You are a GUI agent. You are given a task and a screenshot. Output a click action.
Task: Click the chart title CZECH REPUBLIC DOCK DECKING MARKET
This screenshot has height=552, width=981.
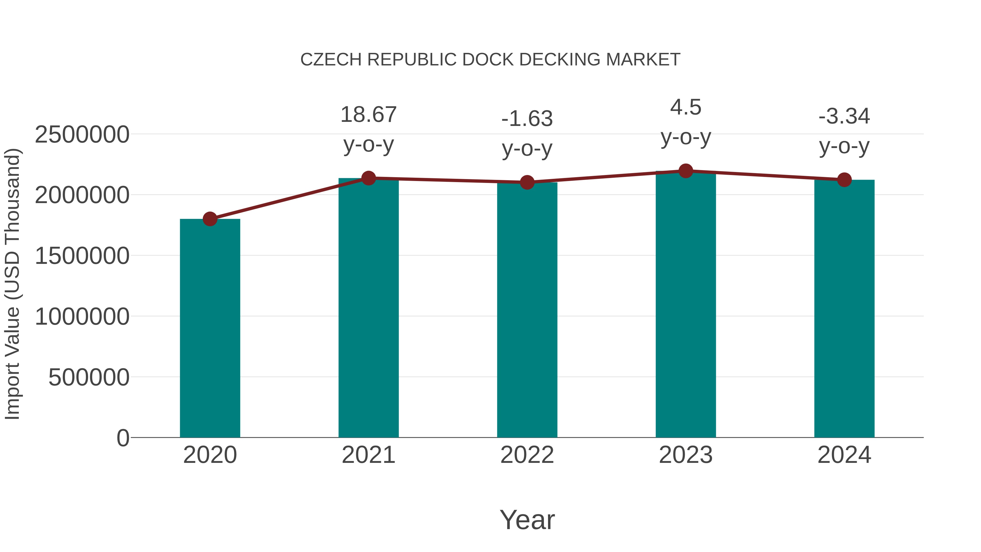click(490, 60)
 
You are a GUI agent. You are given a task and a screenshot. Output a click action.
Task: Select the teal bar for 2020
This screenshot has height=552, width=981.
click(210, 328)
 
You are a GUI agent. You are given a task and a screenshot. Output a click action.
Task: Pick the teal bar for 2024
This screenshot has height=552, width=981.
click(844, 308)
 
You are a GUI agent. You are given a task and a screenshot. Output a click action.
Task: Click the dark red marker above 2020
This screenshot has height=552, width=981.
click(210, 219)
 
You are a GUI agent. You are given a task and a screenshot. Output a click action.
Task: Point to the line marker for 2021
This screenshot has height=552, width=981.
click(368, 178)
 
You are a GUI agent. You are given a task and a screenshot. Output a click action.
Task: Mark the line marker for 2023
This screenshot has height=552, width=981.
click(686, 171)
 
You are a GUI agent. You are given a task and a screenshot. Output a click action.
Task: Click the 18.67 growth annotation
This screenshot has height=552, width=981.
click(368, 115)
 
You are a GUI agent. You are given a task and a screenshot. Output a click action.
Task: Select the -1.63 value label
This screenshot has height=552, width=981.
click(527, 119)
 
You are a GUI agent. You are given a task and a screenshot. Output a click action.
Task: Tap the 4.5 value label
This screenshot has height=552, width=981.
click(686, 107)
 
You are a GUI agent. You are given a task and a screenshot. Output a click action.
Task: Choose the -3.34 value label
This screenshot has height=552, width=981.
click(844, 116)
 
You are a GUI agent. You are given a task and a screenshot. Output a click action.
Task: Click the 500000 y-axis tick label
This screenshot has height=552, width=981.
click(89, 377)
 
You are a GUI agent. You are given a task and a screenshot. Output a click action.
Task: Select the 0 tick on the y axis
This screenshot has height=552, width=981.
click(123, 438)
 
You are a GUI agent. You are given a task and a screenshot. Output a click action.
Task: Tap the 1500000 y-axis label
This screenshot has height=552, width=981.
click(82, 256)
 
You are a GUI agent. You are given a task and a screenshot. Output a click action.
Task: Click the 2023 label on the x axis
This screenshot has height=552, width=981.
click(686, 455)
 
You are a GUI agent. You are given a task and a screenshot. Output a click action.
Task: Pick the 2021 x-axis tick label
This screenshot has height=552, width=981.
click(368, 455)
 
